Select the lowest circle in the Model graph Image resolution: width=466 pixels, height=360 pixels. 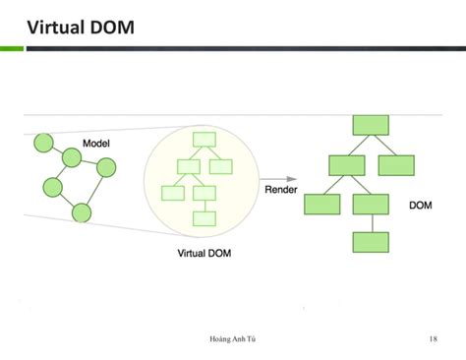(82, 212)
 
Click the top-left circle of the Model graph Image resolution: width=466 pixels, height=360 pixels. (43, 144)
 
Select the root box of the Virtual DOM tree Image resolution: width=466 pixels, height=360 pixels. (204, 140)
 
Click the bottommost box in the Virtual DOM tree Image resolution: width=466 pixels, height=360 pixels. (204, 218)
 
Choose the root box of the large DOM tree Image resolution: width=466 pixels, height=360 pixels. (371, 125)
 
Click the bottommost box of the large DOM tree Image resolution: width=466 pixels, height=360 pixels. (371, 242)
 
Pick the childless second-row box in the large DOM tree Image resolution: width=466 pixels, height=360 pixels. (396, 165)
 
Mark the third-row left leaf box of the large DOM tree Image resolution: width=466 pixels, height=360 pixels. (321, 205)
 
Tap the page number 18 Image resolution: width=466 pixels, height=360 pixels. (433, 340)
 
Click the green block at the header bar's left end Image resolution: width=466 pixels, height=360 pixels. (11, 47)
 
